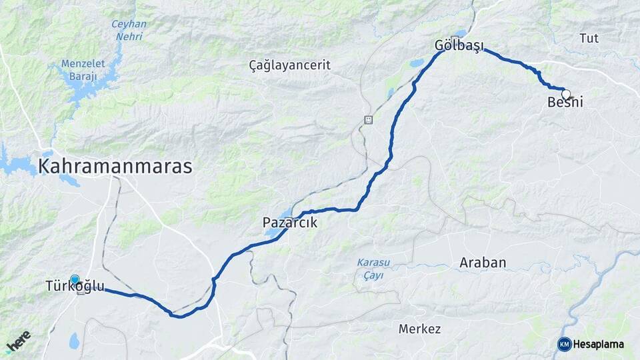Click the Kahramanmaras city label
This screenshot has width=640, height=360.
click(115, 166)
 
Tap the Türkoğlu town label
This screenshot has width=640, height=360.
click(75, 287)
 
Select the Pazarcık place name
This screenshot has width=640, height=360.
click(290, 223)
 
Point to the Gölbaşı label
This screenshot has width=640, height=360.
click(459, 46)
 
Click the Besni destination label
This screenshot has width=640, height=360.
click(565, 102)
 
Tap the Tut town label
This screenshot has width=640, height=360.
click(589, 38)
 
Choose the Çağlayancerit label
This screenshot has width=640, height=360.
click(289, 65)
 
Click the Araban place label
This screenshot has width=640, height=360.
click(483, 263)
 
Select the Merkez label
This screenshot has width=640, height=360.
click(419, 329)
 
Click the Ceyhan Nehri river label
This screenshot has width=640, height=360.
click(129, 30)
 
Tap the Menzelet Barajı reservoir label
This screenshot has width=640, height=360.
click(79, 70)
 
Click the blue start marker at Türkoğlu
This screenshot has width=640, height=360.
click(75, 281)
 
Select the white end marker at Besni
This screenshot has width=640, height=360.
click(566, 94)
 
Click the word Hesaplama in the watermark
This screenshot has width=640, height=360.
click(599, 344)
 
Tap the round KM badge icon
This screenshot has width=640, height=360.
click(564, 344)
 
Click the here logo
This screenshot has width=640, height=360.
click(18, 342)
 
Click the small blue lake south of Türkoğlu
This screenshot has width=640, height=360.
click(73, 341)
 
